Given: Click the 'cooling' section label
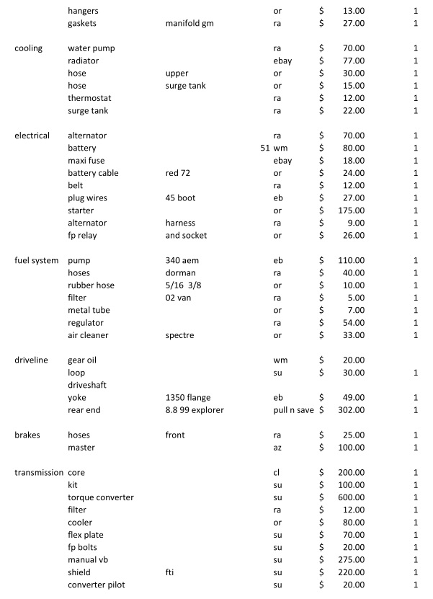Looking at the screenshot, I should click(29, 48).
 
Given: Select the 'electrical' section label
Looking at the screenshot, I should click(32, 136).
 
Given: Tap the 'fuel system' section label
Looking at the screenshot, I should click(36, 260).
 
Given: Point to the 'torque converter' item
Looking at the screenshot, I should click(100, 497).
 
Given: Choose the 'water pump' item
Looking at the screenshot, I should click(91, 48).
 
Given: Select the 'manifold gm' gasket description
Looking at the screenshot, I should click(189, 23).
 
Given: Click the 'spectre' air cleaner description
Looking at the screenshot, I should click(180, 335).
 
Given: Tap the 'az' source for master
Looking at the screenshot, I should click(277, 448).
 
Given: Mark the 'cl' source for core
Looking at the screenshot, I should click(277, 472).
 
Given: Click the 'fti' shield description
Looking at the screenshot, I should click(170, 572).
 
